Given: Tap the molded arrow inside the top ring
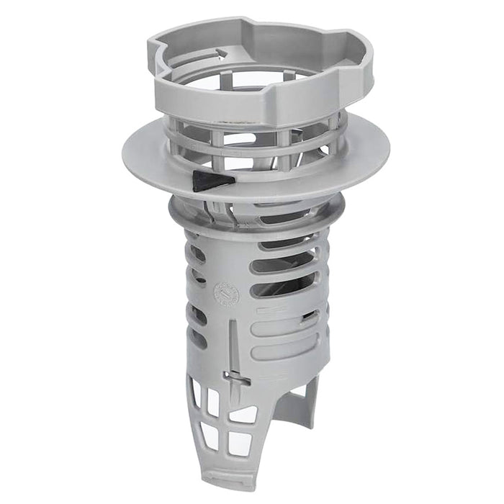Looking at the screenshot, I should (x=220, y=53).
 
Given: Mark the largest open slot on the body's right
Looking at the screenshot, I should (x=284, y=285).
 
